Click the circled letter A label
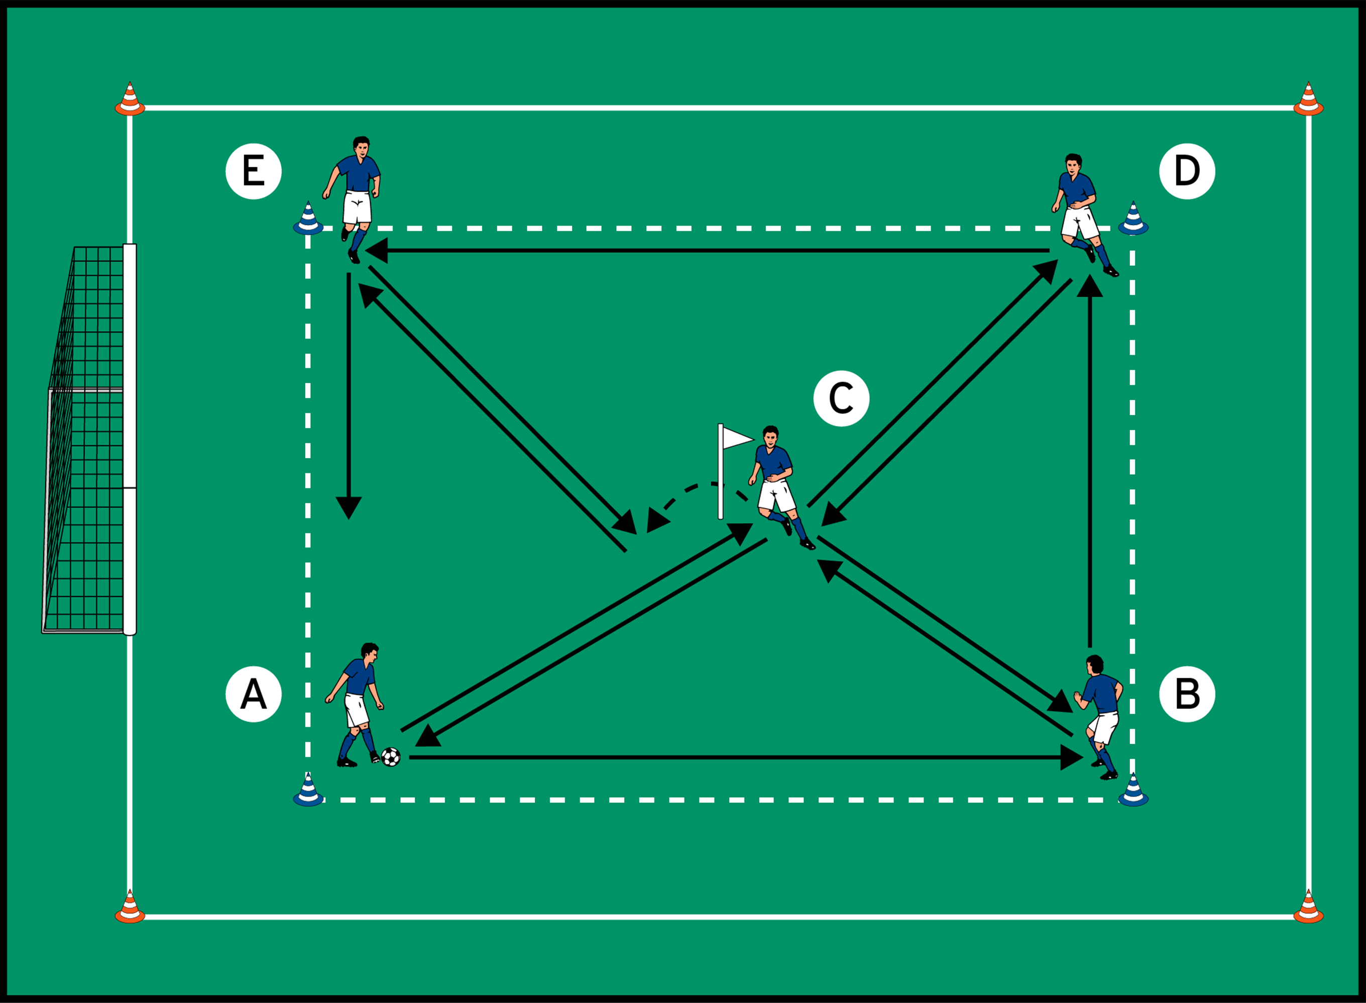coord(253,694)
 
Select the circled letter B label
coord(1187,694)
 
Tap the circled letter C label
coord(841,398)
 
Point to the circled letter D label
coord(1187,171)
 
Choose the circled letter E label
coord(253,171)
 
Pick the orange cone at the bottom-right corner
coord(1308,908)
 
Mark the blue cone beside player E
coord(308,219)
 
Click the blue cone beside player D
coord(1133,219)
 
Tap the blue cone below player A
coord(308,791)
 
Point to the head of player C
coord(770,436)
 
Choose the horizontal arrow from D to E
coord(707,250)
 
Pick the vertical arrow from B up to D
coord(1090,462)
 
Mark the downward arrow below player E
coord(349,395)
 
